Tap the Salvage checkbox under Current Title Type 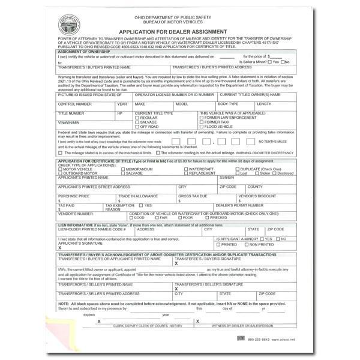tap(137, 122)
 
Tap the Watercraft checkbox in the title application tap(186, 169)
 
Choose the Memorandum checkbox tap(121, 169)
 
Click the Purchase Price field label tap(74, 196)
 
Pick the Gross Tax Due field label tap(193, 196)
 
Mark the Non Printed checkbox tap(244, 244)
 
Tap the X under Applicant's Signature tap(59, 248)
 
